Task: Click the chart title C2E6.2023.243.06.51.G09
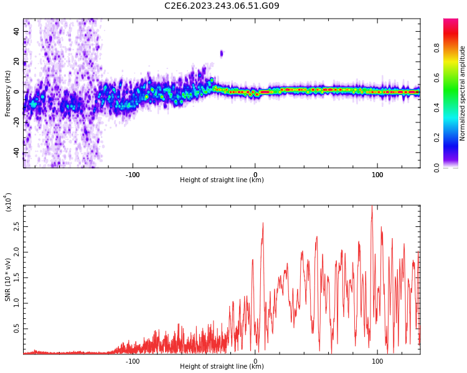222,6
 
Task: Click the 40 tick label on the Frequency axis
16,31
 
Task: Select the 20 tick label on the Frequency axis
16,62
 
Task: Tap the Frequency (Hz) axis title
7,93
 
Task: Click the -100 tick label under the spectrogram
133,175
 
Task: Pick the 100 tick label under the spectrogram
377,175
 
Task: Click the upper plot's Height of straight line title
222,180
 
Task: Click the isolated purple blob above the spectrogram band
221,54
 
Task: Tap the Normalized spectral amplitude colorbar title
462,93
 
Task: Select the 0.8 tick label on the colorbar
436,48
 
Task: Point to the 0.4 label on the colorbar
436,108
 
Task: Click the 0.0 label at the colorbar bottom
436,168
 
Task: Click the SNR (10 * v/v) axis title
7,279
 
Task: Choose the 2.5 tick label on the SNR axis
16,227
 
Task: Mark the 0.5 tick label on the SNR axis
16,329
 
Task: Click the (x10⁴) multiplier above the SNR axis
8,202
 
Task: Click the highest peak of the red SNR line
372,206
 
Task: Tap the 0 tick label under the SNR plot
255,361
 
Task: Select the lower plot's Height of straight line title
222,366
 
